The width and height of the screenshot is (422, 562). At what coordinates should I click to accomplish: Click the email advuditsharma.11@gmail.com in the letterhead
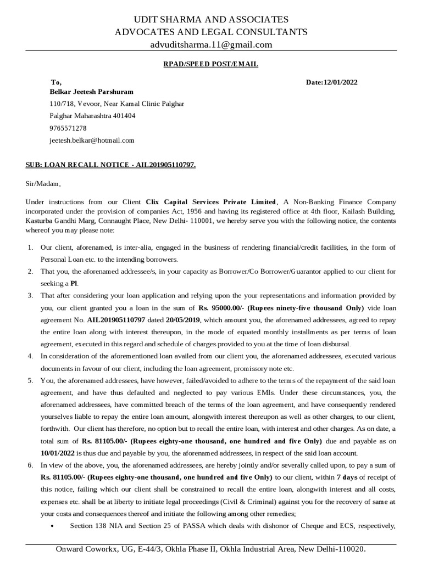coord(211,44)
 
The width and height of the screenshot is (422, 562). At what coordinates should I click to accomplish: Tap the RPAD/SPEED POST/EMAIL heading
coord(211,64)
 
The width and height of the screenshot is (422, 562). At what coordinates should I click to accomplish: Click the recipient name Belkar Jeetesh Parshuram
coord(91,92)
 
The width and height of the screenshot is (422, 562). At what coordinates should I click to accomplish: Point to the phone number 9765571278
coord(68,128)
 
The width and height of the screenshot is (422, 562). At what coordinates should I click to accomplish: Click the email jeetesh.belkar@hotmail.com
coord(92,140)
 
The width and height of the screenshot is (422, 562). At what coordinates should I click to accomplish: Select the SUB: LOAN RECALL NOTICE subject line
coord(110,165)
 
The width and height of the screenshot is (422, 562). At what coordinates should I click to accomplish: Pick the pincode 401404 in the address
coord(123,116)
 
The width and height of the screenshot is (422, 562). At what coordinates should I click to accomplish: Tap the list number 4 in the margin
coord(31,356)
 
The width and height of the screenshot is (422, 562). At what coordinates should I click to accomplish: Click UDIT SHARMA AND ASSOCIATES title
coord(211,20)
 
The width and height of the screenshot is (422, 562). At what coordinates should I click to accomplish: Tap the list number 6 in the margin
coord(31,465)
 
